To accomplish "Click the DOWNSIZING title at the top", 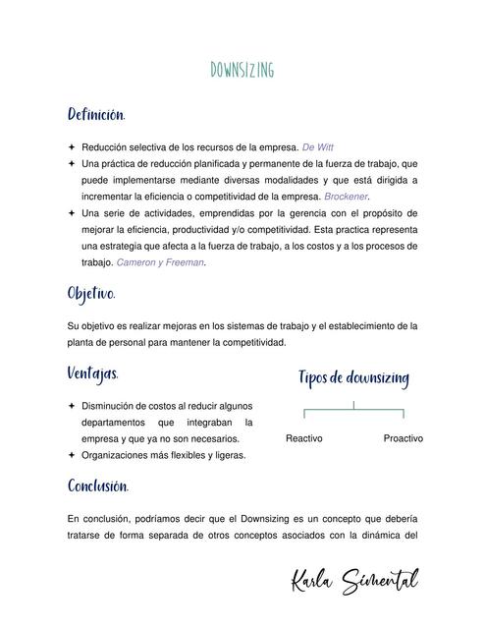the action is [242, 70].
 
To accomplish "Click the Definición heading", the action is [95, 115].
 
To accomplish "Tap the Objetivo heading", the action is [91, 294].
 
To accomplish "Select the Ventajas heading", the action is [93, 373].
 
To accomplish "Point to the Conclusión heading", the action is [98, 486].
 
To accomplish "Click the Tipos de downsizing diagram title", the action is [353, 378].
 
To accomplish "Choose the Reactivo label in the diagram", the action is [304, 438].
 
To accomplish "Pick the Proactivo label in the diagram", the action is [403, 438].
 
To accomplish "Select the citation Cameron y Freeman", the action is [160, 262].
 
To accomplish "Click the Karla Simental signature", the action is [354, 581].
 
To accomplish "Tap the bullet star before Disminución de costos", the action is [72, 405].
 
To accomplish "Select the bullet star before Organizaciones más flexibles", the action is [72, 455].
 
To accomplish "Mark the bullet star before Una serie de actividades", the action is [72, 213].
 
